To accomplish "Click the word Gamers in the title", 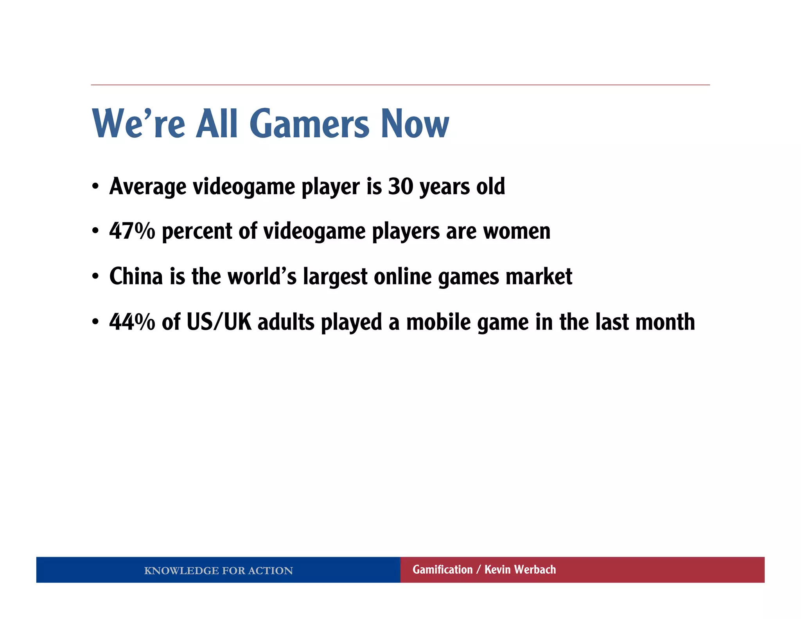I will pos(309,124).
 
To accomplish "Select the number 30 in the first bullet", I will pos(400,187).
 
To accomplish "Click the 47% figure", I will pos(132,231).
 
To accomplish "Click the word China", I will pos(136,277).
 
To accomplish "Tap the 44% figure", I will pos(132,322).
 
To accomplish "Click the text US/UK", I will pos(219,322).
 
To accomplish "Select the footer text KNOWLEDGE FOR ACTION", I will pos(218,570).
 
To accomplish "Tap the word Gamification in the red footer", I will pos(442,570).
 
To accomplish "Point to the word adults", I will pos(286,322).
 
